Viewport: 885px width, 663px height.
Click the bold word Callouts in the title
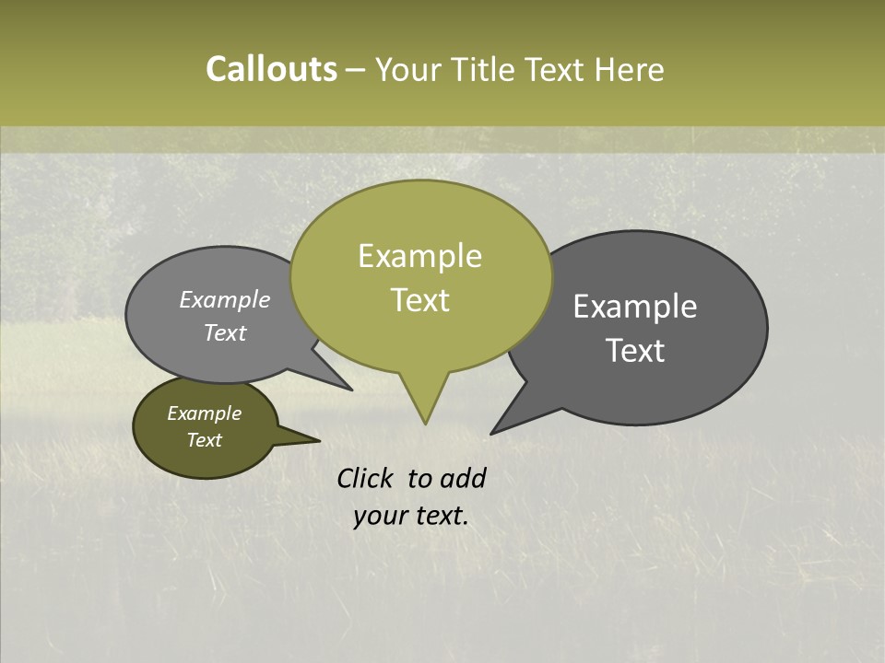click(271, 69)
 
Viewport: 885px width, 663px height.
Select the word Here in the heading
click(630, 69)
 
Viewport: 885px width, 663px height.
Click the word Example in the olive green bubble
click(419, 256)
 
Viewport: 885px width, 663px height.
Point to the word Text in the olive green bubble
click(419, 300)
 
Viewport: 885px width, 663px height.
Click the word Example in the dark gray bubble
click(634, 307)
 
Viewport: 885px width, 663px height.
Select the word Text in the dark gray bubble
click(634, 351)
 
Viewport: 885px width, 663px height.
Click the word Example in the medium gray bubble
click(224, 299)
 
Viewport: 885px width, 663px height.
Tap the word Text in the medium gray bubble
click(224, 332)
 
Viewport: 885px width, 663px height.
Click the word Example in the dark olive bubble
click(204, 413)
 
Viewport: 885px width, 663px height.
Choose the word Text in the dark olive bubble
click(204, 440)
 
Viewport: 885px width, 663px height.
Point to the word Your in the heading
click(410, 69)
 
